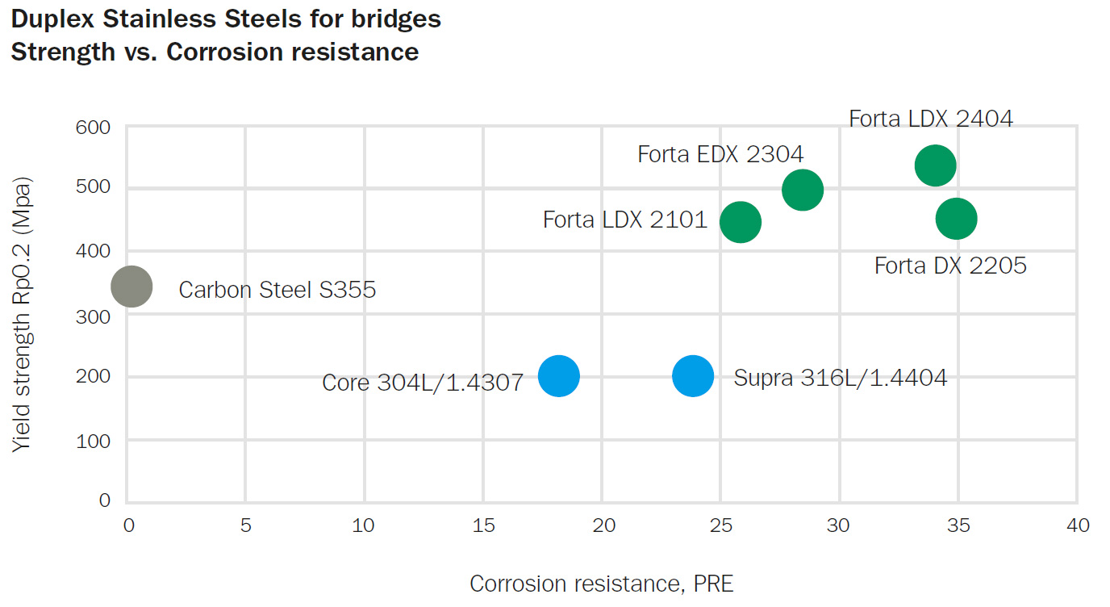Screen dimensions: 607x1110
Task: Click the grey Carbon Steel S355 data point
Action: (x=131, y=287)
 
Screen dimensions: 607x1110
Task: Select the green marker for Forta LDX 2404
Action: (x=935, y=165)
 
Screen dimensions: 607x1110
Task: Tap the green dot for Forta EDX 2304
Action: (x=802, y=190)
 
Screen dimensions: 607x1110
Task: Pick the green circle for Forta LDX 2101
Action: (x=740, y=222)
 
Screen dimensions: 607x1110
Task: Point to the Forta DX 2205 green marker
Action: (x=956, y=219)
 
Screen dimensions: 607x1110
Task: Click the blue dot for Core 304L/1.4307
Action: (x=558, y=375)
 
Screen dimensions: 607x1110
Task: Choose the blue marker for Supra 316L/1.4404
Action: (x=692, y=375)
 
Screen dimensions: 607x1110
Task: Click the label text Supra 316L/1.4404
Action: (x=840, y=378)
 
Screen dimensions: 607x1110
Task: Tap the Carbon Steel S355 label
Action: (x=277, y=290)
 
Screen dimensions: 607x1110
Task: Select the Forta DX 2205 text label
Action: (x=950, y=266)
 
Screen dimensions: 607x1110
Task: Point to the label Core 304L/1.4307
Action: (x=423, y=382)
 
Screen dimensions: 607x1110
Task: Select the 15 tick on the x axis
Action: (x=483, y=526)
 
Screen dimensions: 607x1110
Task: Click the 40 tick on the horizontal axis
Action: (x=1077, y=526)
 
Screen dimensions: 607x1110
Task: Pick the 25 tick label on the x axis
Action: (x=720, y=526)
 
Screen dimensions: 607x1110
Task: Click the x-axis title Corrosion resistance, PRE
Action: (x=602, y=584)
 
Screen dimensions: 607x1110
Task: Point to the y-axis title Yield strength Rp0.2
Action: (x=23, y=312)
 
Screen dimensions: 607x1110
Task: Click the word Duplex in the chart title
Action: (x=54, y=19)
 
